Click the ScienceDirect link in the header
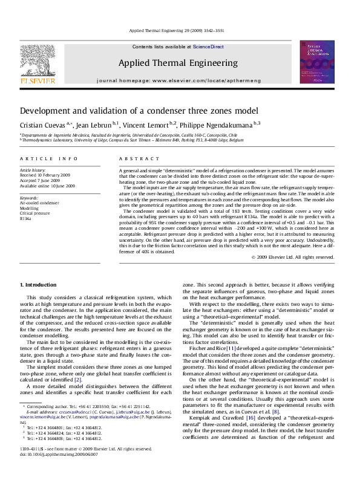tap(208, 47)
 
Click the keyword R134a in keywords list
tap(26, 218)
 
